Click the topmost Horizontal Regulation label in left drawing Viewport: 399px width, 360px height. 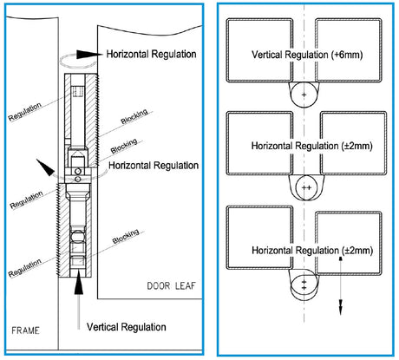tap(153, 54)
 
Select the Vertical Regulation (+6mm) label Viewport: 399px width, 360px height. tap(304, 53)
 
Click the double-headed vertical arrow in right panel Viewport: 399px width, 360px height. tap(341, 285)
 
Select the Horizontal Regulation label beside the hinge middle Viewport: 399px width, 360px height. tap(154, 164)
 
